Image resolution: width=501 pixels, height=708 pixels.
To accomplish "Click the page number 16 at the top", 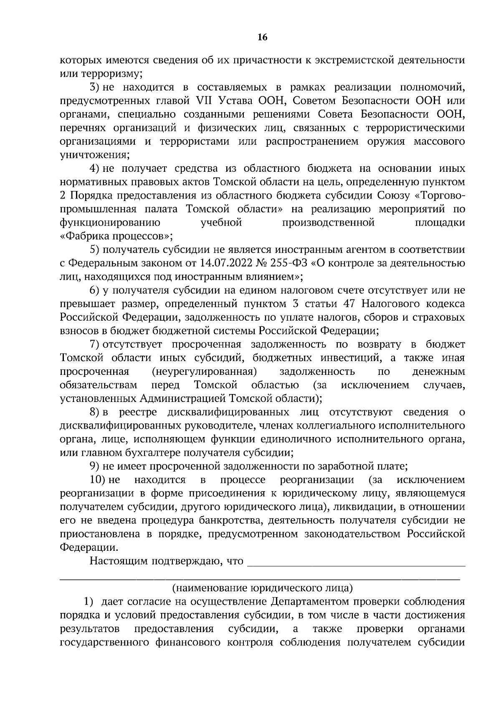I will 263,38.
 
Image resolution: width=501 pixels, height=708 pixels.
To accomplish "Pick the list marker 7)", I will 95,344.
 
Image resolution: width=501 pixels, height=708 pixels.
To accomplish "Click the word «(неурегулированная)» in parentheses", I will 204,372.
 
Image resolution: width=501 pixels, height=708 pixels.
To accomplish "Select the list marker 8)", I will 95,412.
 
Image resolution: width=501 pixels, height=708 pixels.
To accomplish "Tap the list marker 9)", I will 95,466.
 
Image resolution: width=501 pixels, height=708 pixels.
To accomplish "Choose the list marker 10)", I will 98,480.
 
